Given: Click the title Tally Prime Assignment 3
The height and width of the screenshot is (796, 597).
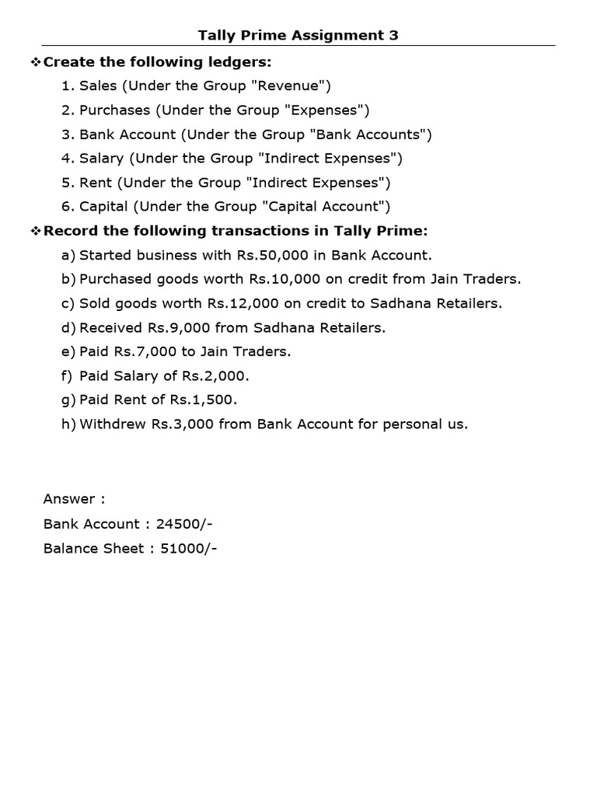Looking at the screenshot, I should tap(298, 35).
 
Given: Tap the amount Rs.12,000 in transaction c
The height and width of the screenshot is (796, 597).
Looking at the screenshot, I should tap(242, 303).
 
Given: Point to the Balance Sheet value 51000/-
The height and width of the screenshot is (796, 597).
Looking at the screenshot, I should tap(189, 548).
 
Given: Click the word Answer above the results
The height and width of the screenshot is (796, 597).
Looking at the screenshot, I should tap(69, 498).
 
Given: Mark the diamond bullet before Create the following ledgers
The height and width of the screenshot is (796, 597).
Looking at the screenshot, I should tap(35, 61).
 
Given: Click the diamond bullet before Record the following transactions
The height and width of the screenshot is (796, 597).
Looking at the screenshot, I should tap(35, 231).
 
